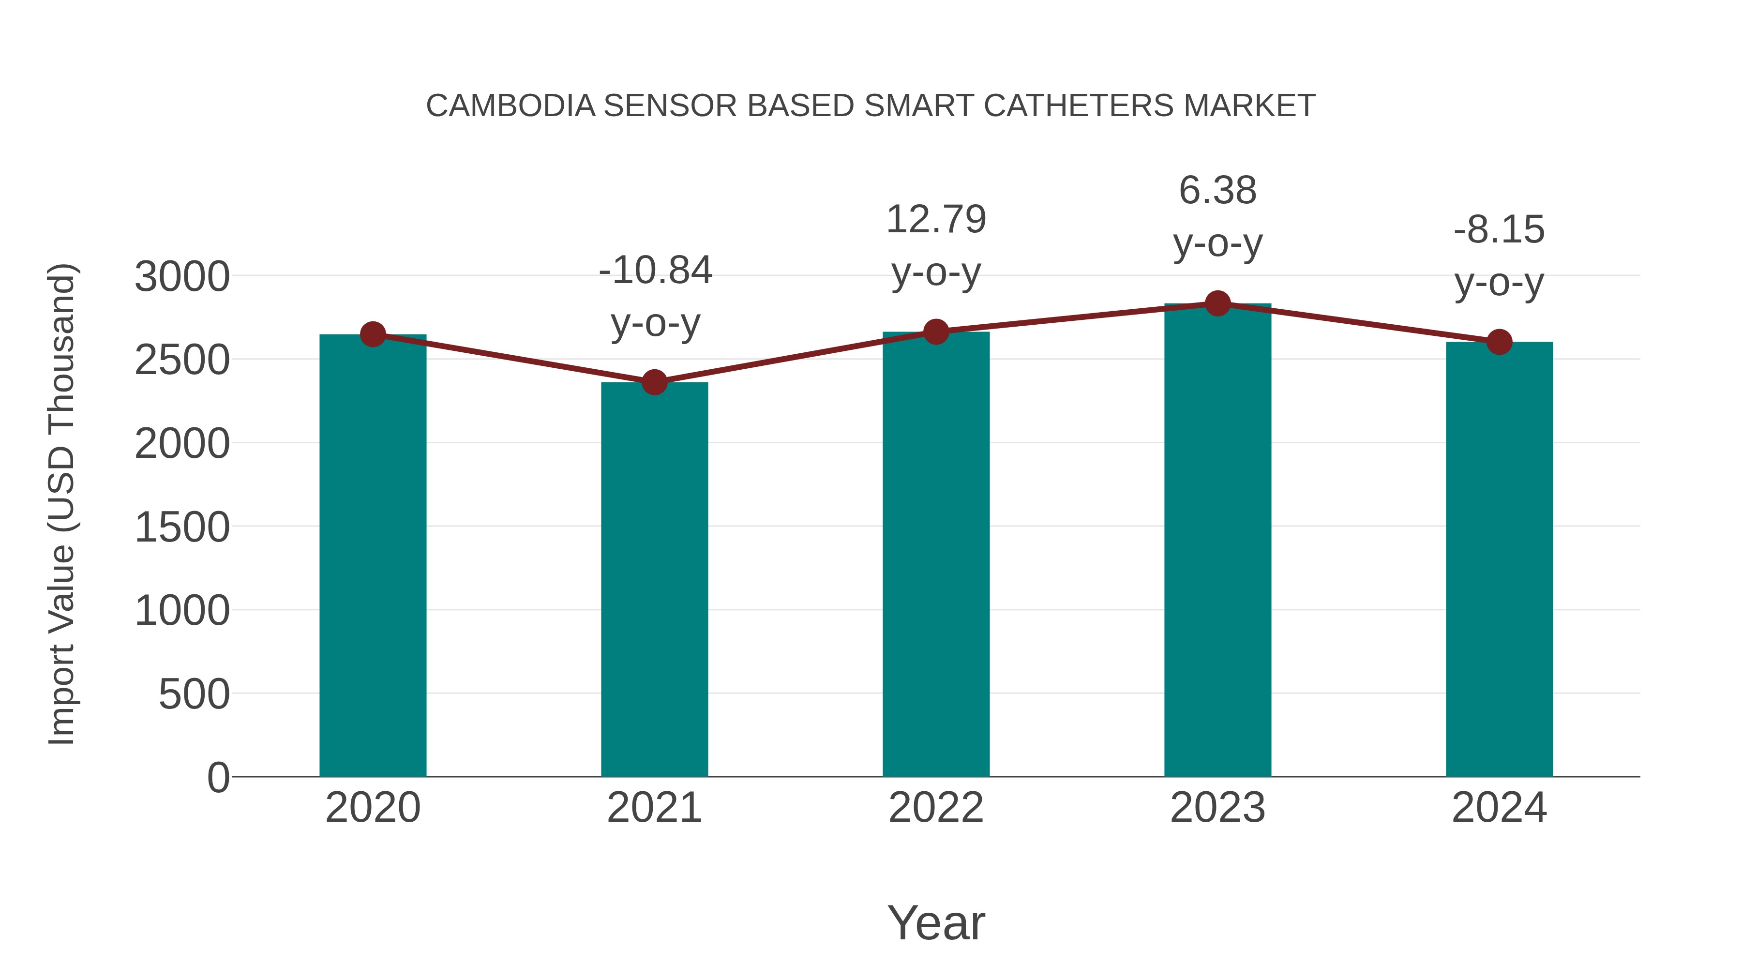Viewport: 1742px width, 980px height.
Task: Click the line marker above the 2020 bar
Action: tap(373, 334)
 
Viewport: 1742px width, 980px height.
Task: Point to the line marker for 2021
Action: tap(654, 382)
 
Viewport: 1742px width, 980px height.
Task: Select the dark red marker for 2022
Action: tap(936, 332)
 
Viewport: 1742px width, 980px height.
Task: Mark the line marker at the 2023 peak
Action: tap(1217, 303)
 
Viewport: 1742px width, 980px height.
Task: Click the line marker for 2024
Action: tap(1499, 342)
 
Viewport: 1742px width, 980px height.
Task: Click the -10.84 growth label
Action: tap(655, 271)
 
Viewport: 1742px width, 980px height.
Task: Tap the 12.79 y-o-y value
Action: tap(936, 220)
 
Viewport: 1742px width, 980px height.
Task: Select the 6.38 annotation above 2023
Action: tap(1217, 191)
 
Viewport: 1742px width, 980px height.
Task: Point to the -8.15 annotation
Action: tap(1499, 230)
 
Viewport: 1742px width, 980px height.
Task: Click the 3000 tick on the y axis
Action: tap(182, 277)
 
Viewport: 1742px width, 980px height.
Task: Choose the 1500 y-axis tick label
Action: tap(182, 528)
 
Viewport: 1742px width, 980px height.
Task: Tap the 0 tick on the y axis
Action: tap(218, 777)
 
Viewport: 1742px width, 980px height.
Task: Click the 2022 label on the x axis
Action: tap(936, 808)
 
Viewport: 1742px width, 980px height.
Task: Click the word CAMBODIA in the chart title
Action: tap(511, 106)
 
